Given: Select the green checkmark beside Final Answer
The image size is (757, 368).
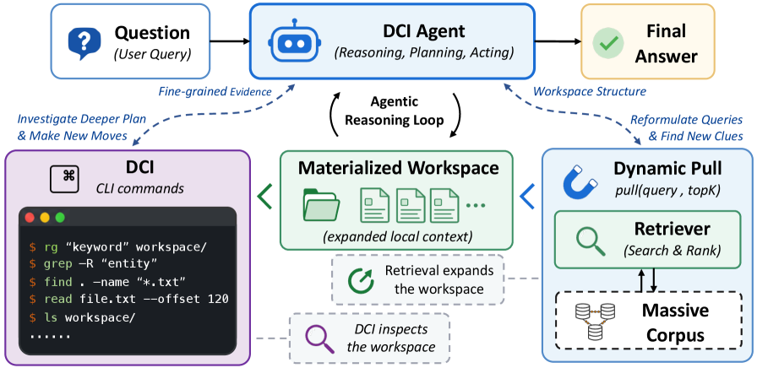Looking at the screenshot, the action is tap(606, 43).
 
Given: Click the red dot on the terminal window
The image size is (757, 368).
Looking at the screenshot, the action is tap(30, 218).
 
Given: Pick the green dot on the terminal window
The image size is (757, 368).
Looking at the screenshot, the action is tap(60, 218).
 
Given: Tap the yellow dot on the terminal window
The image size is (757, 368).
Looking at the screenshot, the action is tap(45, 218).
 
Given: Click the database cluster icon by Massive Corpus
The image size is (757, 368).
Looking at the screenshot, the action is tap(594, 320).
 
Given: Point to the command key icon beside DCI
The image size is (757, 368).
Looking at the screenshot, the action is tap(65, 177).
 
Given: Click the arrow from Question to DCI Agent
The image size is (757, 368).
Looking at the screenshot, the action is tap(229, 42).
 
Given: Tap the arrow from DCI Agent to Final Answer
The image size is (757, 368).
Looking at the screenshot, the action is tap(558, 42).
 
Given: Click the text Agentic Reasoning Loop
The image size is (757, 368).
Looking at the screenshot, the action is tap(395, 111).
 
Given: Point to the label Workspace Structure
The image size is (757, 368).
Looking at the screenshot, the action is tap(589, 90).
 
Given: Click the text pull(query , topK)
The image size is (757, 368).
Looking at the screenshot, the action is tap(667, 191).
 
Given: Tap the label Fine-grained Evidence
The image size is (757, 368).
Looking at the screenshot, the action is tap(215, 90).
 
